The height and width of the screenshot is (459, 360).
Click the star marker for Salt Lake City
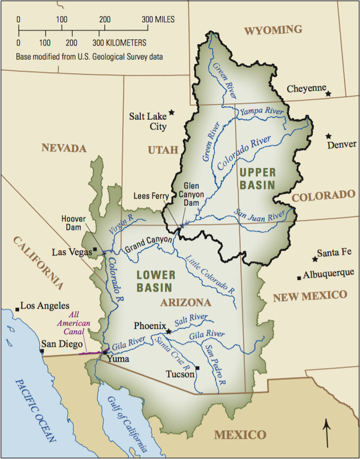coord(172,112)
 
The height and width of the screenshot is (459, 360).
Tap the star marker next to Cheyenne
coord(328,94)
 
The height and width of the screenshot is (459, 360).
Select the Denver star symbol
coord(328,136)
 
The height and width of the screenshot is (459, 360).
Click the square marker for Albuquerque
coord(299,277)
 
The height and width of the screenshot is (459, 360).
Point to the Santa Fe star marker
coord(315,259)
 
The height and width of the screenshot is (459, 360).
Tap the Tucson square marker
coord(197,368)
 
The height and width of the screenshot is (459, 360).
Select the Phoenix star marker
coord(169,331)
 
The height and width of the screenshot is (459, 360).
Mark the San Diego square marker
coord(41,352)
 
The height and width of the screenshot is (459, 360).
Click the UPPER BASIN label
coord(256,179)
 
